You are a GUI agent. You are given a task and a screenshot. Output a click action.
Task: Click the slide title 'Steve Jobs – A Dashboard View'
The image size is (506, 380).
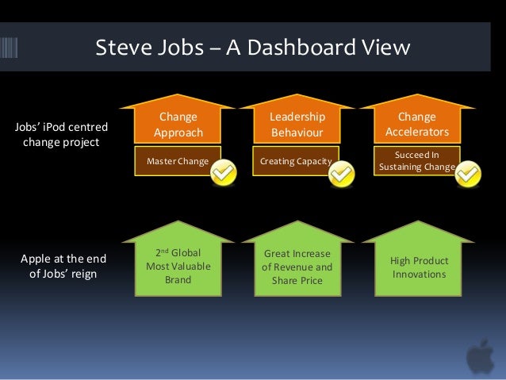pyautogui.click(x=252, y=48)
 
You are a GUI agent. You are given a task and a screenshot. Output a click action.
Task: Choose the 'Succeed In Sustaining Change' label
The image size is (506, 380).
pyautogui.click(x=416, y=161)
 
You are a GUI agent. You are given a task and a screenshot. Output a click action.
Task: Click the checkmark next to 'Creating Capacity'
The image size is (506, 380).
pyautogui.click(x=341, y=172)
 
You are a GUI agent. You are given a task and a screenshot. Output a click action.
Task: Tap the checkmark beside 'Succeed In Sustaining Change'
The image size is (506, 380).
pyautogui.click(x=469, y=172)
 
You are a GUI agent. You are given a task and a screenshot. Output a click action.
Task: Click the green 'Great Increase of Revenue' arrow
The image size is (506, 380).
pyautogui.click(x=297, y=267)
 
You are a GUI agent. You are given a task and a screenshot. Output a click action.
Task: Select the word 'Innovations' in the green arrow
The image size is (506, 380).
pyautogui.click(x=420, y=274)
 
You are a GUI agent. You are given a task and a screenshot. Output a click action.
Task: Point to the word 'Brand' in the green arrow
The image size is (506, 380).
pyautogui.click(x=178, y=280)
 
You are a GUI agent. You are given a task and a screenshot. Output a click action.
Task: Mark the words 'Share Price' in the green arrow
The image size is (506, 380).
pyautogui.click(x=297, y=281)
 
